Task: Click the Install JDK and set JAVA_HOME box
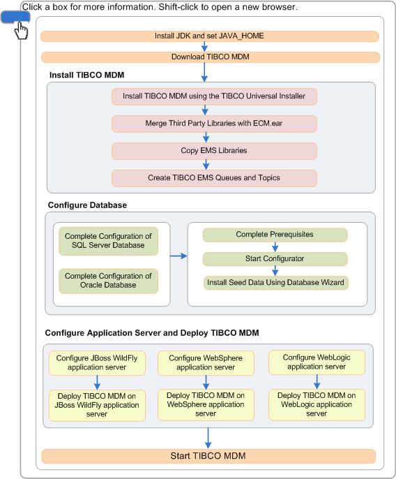pyautogui.click(x=210, y=36)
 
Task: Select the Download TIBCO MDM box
pyautogui.click(x=211, y=57)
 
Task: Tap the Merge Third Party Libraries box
pyautogui.click(x=214, y=124)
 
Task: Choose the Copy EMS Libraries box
pyautogui.click(x=214, y=151)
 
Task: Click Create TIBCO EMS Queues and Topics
pyautogui.click(x=214, y=178)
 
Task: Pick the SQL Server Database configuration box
pyautogui.click(x=108, y=241)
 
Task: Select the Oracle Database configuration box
pyautogui.click(x=108, y=281)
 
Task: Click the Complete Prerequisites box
pyautogui.click(x=275, y=235)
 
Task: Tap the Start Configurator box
pyautogui.click(x=275, y=259)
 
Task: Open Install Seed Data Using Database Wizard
pyautogui.click(x=276, y=283)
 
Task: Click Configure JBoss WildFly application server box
pyautogui.click(x=97, y=363)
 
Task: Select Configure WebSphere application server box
pyautogui.click(x=206, y=363)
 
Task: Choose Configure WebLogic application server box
pyautogui.click(x=317, y=362)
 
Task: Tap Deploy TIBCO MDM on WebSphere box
pyautogui.click(x=206, y=405)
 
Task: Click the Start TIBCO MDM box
pyautogui.click(x=208, y=456)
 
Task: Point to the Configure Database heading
pyautogui.click(x=87, y=205)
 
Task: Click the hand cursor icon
pyautogui.click(x=21, y=31)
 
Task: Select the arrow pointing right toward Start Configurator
pyautogui.click(x=178, y=256)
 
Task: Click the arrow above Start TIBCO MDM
pyautogui.click(x=208, y=438)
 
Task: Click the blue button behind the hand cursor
pyautogui.click(x=15, y=17)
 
